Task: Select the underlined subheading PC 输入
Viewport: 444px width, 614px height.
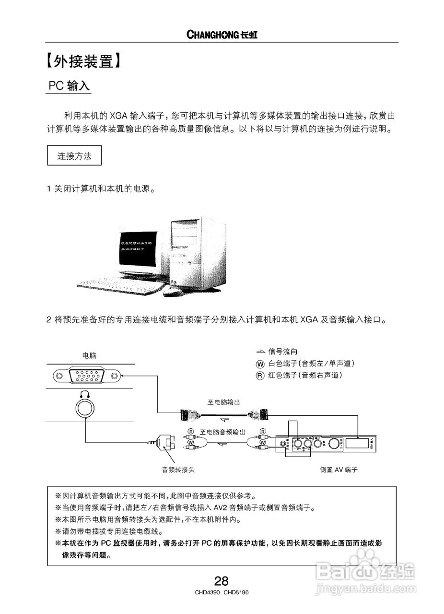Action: pyautogui.click(x=69, y=86)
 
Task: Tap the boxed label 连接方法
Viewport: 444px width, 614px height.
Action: pyautogui.click(x=74, y=156)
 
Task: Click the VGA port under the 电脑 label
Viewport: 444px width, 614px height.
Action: pyautogui.click(x=87, y=376)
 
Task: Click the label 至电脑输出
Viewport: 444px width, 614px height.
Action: pyautogui.click(x=223, y=402)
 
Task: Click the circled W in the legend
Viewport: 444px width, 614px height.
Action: pyautogui.click(x=260, y=364)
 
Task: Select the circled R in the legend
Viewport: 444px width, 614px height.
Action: pyautogui.click(x=260, y=376)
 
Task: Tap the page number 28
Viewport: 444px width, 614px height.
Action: pyautogui.click(x=222, y=581)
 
